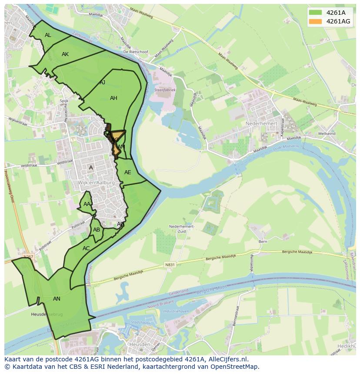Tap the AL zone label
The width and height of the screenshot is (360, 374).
48,35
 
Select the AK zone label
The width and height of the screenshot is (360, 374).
65,54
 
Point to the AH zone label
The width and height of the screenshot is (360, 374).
113,98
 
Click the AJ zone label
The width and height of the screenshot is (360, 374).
103,83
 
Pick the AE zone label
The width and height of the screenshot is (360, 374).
127,172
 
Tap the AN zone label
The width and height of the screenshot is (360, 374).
57,299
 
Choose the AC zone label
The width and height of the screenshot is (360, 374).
86,248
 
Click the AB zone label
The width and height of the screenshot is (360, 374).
97,230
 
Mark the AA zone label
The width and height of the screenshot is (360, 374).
87,204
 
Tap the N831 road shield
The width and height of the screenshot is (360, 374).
170,264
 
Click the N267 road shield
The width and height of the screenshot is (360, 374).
28,257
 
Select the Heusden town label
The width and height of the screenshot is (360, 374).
140,344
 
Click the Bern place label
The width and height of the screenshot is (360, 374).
263,242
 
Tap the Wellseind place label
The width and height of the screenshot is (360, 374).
327,133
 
